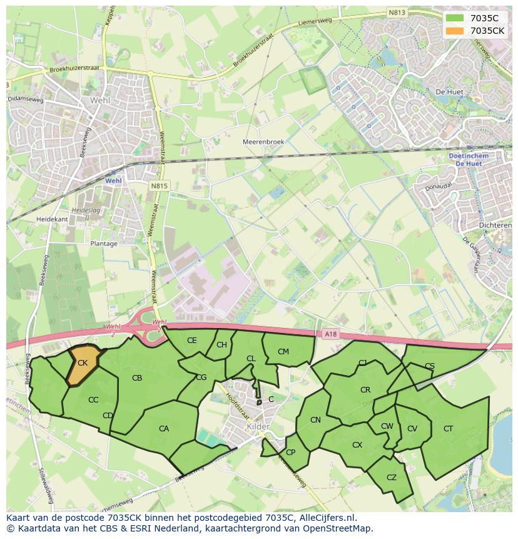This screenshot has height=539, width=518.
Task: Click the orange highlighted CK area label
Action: (x=83, y=363)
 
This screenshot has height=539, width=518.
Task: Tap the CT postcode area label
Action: (x=448, y=429)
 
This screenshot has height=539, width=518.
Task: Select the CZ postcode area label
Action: (x=392, y=478)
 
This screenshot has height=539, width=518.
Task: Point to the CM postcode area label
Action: (x=283, y=352)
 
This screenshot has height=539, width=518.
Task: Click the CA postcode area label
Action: (x=164, y=429)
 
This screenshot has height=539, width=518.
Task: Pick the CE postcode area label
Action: (x=192, y=341)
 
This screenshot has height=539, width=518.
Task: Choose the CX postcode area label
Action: (x=357, y=445)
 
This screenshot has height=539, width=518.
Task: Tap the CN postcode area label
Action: (x=315, y=420)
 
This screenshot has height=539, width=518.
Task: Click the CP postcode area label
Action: (x=290, y=453)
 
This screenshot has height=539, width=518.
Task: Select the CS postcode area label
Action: (x=430, y=366)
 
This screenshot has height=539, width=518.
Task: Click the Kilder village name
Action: (x=258, y=426)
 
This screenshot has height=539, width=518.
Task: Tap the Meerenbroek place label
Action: (x=263, y=142)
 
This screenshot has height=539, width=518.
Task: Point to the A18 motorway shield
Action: (x=331, y=334)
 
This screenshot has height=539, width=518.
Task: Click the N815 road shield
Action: (x=159, y=186)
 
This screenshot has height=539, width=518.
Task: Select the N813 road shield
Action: (x=396, y=12)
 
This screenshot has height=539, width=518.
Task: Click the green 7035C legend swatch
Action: (x=455, y=18)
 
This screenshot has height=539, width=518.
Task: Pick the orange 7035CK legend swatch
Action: (x=455, y=31)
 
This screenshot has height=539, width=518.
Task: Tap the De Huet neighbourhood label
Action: (x=449, y=92)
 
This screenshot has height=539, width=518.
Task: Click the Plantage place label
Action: (x=104, y=244)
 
